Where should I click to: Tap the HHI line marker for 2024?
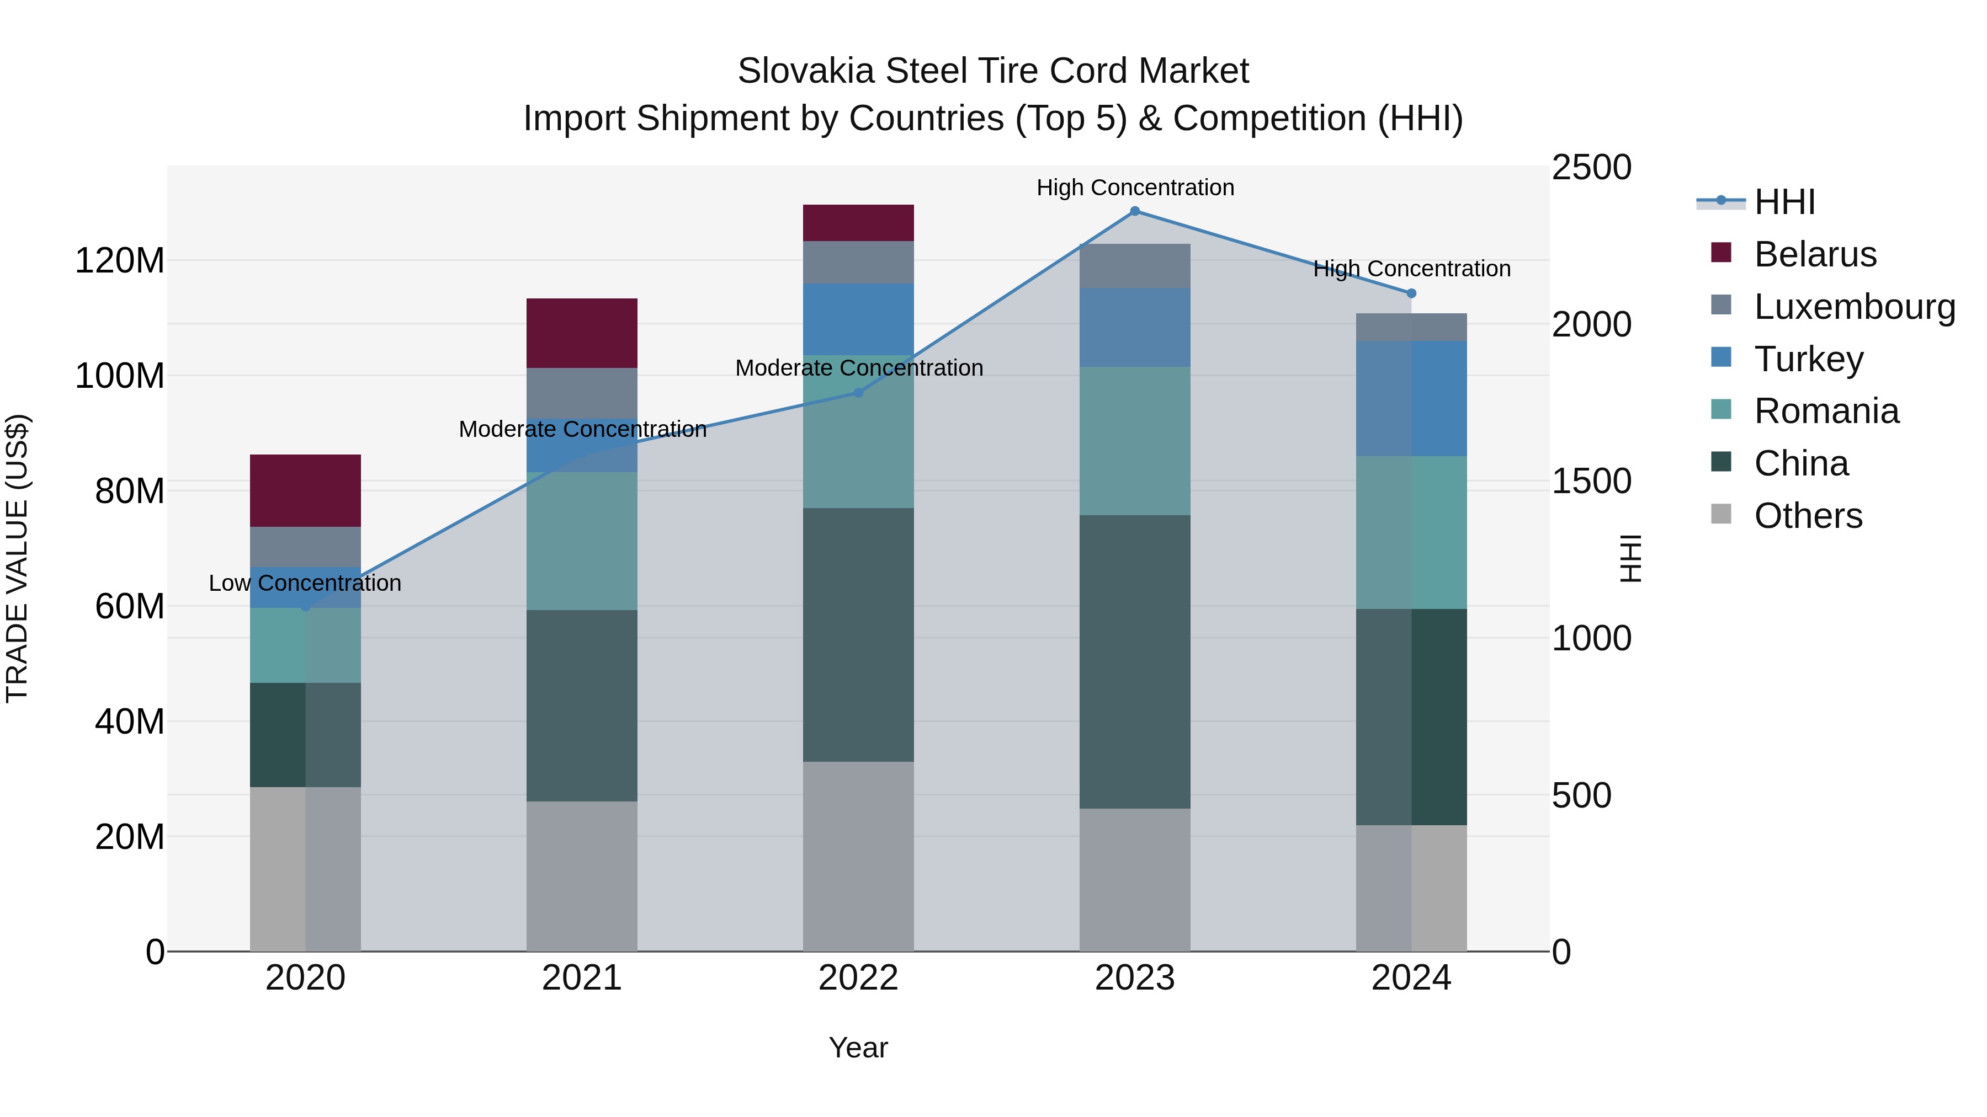pyautogui.click(x=1411, y=293)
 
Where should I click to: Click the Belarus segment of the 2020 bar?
pyautogui.click(x=305, y=490)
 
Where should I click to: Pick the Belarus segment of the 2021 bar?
pyautogui.click(x=582, y=333)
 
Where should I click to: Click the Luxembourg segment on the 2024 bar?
pyautogui.click(x=1411, y=327)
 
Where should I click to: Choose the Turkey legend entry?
pyautogui.click(x=1808, y=359)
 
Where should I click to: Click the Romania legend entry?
pyautogui.click(x=1826, y=411)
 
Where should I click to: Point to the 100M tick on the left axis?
pyautogui.click(x=120, y=376)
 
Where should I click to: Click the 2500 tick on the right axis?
pyautogui.click(x=1591, y=168)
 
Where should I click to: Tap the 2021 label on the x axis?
pyautogui.click(x=582, y=978)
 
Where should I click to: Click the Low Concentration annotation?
pyautogui.click(x=305, y=584)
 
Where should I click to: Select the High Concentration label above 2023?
pyautogui.click(x=1135, y=188)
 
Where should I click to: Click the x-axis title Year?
pyautogui.click(x=858, y=1049)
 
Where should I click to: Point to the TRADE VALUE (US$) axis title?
pyautogui.click(x=17, y=558)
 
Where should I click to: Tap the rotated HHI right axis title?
pyautogui.click(x=1630, y=558)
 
